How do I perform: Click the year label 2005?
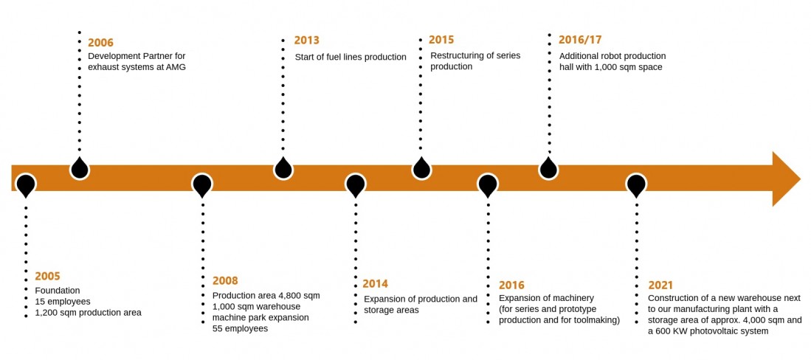pos(47,276)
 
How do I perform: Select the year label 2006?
pos(101,42)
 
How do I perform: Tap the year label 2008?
pos(226,281)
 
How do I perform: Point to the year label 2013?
pos(307,41)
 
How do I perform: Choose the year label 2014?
pos(375,283)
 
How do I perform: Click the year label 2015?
pos(442,40)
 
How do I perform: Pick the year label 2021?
pos(661,285)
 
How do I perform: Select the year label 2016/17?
pos(580,40)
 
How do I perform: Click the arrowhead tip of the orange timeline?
pos(801,179)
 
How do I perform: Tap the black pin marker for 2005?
pos(26,186)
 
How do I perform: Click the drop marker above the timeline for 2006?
pos(80,167)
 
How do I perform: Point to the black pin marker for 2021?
pos(636,186)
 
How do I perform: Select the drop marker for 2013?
pos(283,167)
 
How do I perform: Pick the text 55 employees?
pos(240,328)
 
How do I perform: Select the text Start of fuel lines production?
pos(351,58)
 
